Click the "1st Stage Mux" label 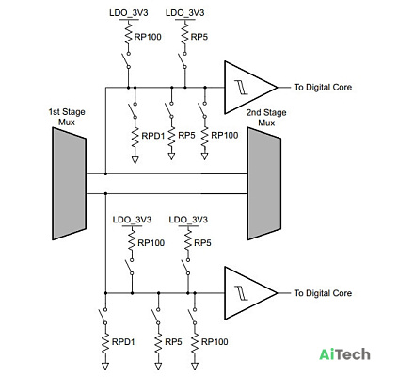(x=67, y=117)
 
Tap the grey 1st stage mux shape (x=69, y=184)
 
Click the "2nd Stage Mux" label (x=266, y=118)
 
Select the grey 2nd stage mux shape (x=264, y=184)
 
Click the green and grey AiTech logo (x=344, y=354)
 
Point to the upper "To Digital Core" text (x=323, y=87)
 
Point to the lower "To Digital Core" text (x=323, y=293)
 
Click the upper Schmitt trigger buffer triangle (x=247, y=88)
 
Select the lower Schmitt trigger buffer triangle (x=247, y=293)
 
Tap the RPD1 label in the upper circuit (x=153, y=136)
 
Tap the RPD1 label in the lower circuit (x=123, y=342)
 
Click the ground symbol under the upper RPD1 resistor (x=135, y=160)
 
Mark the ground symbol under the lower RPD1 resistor (x=105, y=366)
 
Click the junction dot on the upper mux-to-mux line (x=105, y=173)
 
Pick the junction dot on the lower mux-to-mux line (x=105, y=193)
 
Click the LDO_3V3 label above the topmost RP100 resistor (x=129, y=13)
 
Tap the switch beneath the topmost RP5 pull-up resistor (x=183, y=59)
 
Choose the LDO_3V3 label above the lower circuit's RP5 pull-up (x=188, y=220)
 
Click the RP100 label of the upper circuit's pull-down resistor (x=225, y=136)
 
